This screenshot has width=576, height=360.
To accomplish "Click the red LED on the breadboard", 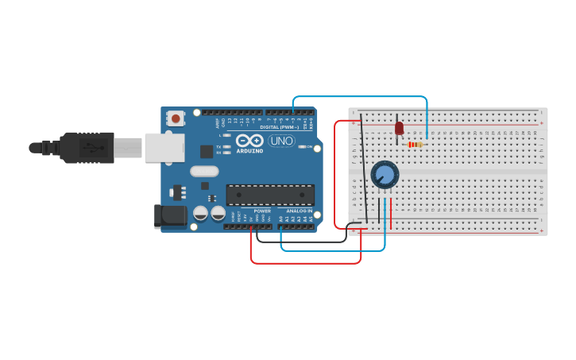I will click(x=399, y=128).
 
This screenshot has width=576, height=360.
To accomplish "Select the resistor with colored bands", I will click(x=414, y=145).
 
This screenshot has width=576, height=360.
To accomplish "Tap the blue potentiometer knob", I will click(x=385, y=174).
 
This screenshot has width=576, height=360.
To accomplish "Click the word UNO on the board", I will click(x=280, y=141).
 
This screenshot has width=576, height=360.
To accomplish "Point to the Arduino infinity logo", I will click(x=249, y=141).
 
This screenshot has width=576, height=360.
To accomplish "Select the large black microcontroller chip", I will click(x=270, y=195).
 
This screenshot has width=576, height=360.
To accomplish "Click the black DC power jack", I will click(x=170, y=216).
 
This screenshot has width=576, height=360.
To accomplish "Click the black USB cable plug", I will click(x=87, y=148).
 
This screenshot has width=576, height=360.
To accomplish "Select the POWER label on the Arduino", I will click(x=262, y=211).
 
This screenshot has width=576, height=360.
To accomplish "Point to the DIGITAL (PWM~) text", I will click(x=279, y=127).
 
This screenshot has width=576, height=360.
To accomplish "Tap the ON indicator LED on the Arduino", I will click(x=303, y=147).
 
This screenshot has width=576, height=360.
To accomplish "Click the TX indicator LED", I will click(x=226, y=147).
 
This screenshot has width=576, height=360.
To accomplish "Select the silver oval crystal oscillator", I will click(x=204, y=171).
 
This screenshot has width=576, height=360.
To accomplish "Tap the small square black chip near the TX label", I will click(x=207, y=151).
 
